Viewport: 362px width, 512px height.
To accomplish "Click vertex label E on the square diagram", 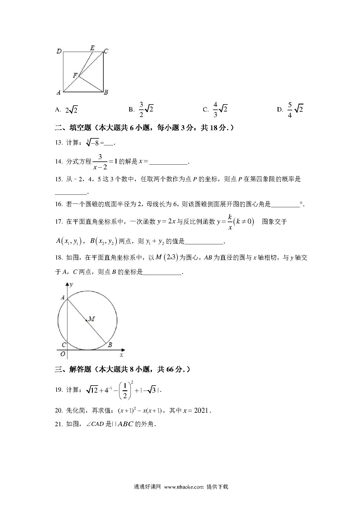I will (x=92, y=48).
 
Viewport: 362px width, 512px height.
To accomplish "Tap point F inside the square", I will (x=75, y=76).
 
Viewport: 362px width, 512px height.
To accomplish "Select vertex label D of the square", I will (x=59, y=51).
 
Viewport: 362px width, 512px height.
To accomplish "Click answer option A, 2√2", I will (x=71, y=110).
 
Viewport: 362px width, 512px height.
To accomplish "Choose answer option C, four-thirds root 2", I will (x=220, y=109).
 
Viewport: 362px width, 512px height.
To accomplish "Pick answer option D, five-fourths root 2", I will (x=295, y=109).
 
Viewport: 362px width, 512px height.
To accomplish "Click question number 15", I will (x=58, y=179).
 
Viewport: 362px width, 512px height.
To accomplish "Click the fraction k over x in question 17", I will (x=230, y=222).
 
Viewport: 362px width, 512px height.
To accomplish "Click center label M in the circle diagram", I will (x=91, y=319).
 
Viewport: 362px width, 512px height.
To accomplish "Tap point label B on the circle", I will (x=110, y=345).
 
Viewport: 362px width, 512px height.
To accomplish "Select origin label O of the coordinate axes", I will (x=62, y=354).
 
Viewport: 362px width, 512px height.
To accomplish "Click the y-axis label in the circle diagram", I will (x=71, y=285).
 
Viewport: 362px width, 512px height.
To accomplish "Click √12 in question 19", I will (x=92, y=390).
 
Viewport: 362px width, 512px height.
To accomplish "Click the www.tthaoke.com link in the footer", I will (x=184, y=487).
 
